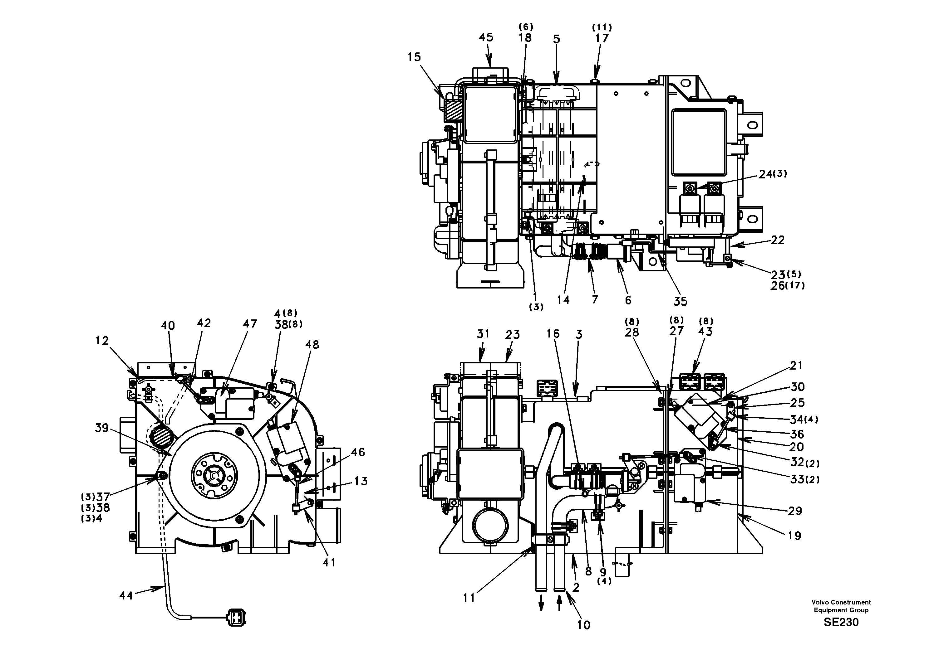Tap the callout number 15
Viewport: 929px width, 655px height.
414,57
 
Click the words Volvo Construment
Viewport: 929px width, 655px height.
841,602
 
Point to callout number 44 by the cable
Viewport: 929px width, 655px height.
126,595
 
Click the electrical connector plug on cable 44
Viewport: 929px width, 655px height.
237,617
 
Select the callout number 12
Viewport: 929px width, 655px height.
102,341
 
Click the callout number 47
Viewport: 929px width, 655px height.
250,324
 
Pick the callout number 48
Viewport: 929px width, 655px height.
312,345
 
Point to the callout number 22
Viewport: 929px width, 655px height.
777,240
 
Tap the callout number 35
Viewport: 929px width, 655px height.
680,301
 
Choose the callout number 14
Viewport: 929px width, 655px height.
563,300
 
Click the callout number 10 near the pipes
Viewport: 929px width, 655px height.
583,625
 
